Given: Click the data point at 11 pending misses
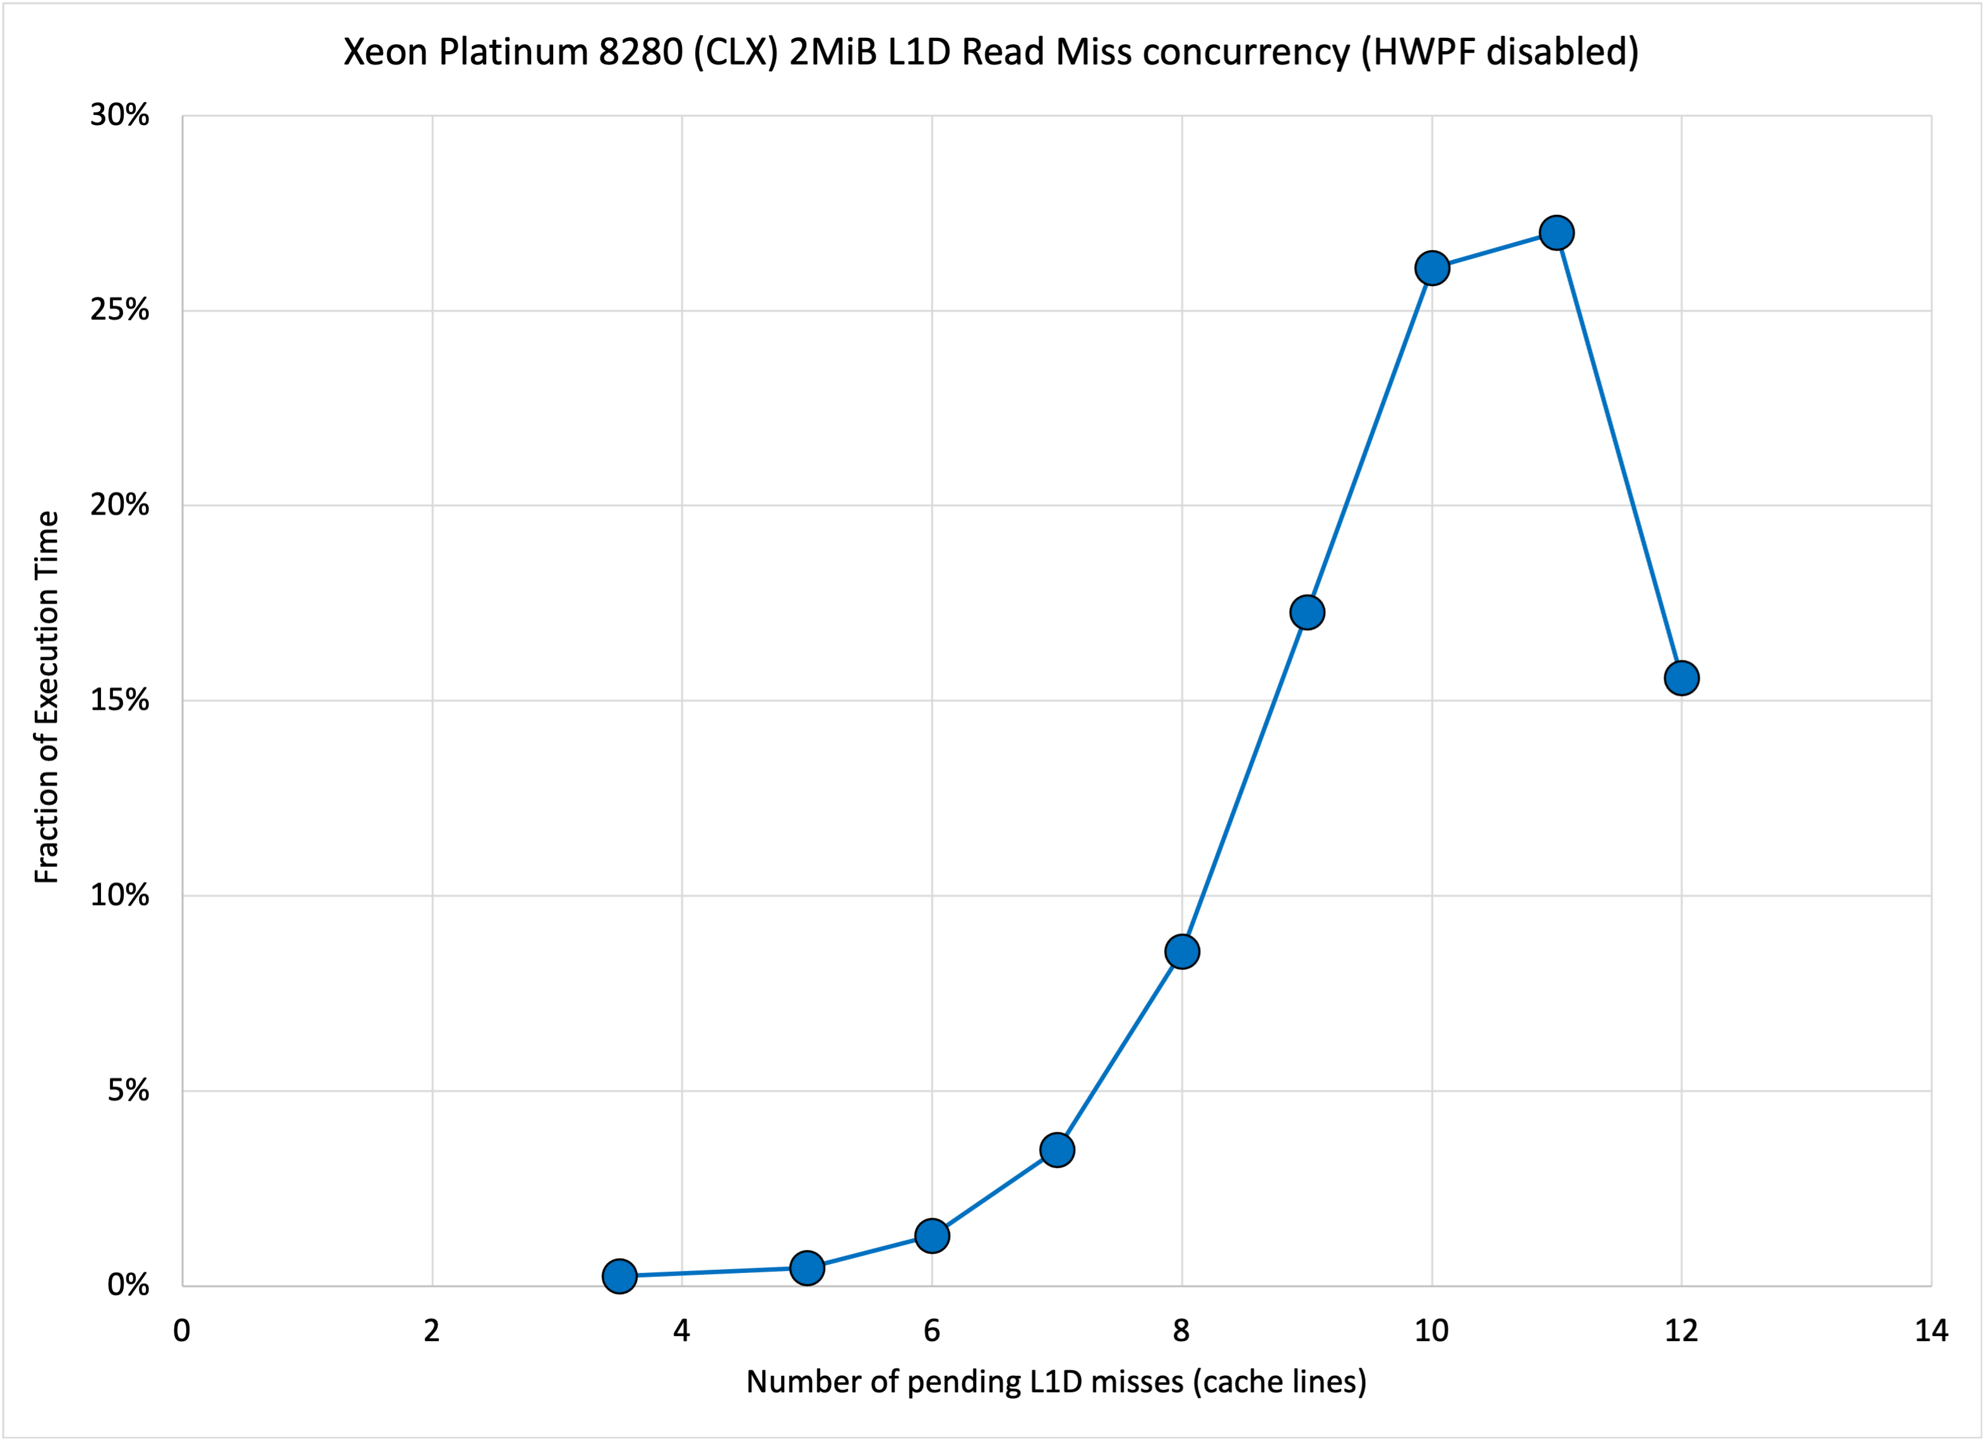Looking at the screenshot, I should [1556, 233].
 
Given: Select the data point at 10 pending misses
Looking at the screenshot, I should [1432, 268].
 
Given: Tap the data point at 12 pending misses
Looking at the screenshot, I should [1681, 678].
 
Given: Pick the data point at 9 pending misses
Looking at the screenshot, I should [1307, 613].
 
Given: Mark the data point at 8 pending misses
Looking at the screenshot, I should [1181, 952].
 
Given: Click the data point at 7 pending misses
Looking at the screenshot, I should [1058, 1149].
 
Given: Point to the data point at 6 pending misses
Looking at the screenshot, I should [932, 1235].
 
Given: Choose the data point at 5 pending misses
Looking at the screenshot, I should [807, 1267].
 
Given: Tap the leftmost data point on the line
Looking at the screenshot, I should [619, 1276].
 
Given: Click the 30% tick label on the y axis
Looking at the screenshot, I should [120, 116].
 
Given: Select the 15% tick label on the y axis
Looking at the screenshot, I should [120, 700].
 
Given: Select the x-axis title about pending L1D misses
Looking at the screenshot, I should [1056, 1382].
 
